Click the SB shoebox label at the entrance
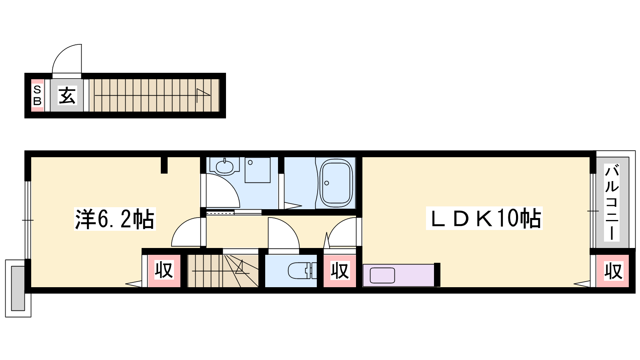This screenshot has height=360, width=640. pyautogui.click(x=38, y=96)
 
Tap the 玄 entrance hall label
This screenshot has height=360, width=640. pyautogui.click(x=67, y=96)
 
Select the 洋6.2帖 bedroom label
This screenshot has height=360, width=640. pyautogui.click(x=114, y=219)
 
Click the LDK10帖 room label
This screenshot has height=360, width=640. pyautogui.click(x=484, y=218)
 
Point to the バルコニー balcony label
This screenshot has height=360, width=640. pyautogui.click(x=612, y=202)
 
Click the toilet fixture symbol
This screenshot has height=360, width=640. pyautogui.click(x=302, y=270)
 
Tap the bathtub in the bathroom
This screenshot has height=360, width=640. pyautogui.click(x=336, y=183)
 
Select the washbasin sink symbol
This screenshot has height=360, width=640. pyautogui.click(x=224, y=166)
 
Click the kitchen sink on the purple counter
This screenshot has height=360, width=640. pyautogui.click(x=382, y=276)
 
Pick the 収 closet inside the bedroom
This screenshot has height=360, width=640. pyautogui.click(x=164, y=270)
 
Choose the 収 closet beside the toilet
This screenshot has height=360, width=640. pyautogui.click(x=340, y=270)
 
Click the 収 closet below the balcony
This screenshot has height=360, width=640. pyautogui.click(x=613, y=271)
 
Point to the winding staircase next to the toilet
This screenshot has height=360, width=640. pyautogui.click(x=223, y=270)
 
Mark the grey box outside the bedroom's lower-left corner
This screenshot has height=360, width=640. pyautogui.click(x=18, y=288)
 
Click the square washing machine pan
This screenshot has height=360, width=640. pyautogui.click(x=258, y=170)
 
